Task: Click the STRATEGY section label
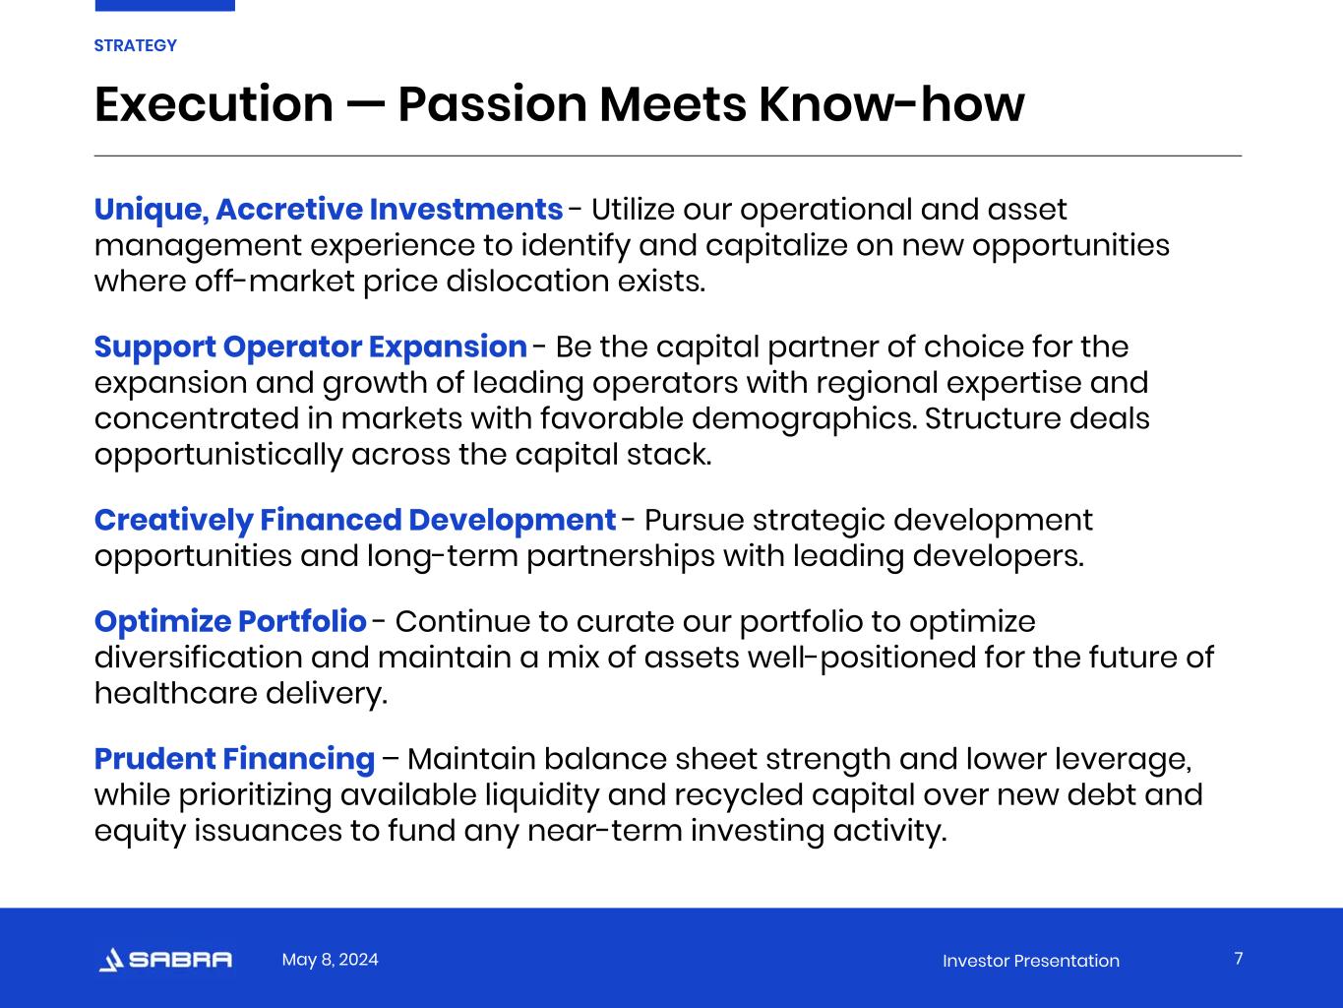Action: [135, 46]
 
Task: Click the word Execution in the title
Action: [214, 104]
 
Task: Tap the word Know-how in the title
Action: [891, 104]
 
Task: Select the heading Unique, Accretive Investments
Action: [329, 210]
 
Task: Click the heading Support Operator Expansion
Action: [311, 347]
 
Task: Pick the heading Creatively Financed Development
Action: [355, 521]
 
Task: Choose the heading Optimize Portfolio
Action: [230, 622]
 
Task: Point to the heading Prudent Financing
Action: [234, 760]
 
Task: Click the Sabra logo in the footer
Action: [165, 960]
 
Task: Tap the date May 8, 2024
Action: [330, 959]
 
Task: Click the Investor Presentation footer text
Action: [1031, 961]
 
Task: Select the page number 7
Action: [1239, 958]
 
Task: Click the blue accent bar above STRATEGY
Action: [165, 6]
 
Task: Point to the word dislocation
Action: [527, 282]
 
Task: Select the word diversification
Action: [198, 658]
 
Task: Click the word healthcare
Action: [175, 693]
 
